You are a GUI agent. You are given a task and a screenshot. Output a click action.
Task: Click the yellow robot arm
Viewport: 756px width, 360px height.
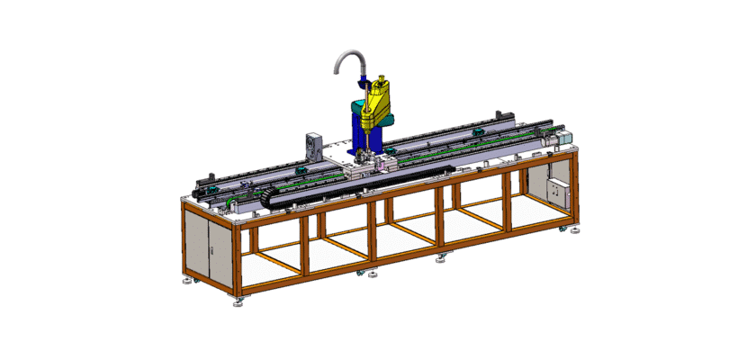pos(377,104)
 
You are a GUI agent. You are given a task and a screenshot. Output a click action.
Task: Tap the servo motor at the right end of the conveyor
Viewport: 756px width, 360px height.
pos(562,139)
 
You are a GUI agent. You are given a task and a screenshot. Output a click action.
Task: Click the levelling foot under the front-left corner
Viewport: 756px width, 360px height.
pos(238,301)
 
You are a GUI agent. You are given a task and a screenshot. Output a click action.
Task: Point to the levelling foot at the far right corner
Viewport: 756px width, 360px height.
pos(572,230)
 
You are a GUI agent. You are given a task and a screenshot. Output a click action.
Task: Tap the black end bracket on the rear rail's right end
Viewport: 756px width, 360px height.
pos(503,115)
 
